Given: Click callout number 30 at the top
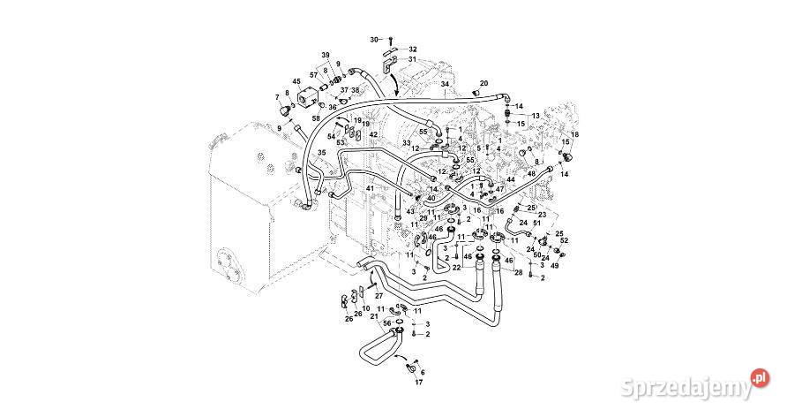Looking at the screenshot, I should [x=373, y=40].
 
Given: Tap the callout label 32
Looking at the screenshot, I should [x=413, y=49].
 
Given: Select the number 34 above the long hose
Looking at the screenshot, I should [x=446, y=84].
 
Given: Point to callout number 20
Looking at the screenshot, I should [x=483, y=84].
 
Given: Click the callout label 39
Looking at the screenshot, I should [x=325, y=55].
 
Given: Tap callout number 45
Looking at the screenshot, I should [x=296, y=82].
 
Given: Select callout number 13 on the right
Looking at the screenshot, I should [x=535, y=116].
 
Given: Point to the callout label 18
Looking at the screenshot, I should [x=574, y=134].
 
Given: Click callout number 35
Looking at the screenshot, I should [x=321, y=153].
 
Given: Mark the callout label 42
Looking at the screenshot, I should [x=373, y=135].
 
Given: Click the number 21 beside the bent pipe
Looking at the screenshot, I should [x=374, y=316].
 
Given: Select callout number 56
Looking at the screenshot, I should [x=386, y=323].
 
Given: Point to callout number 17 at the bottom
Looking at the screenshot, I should [x=418, y=383].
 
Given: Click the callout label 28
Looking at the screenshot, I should [x=519, y=272].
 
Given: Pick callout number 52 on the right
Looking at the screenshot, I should [x=565, y=240].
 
